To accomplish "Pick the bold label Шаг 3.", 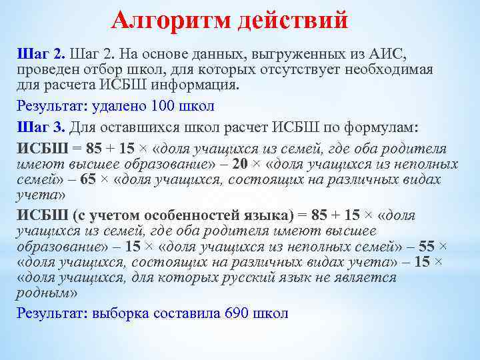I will [x=41, y=128].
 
